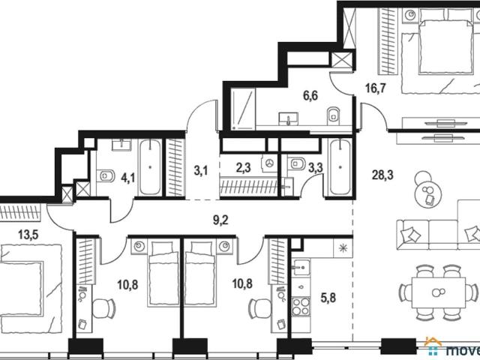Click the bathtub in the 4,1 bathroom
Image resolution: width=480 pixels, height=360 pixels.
coord(150,167)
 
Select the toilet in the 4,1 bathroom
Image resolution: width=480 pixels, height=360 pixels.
coord(106,176)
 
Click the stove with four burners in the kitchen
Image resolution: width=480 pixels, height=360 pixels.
coord(301,307)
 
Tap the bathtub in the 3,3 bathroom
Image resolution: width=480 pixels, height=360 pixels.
coord(340,166)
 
